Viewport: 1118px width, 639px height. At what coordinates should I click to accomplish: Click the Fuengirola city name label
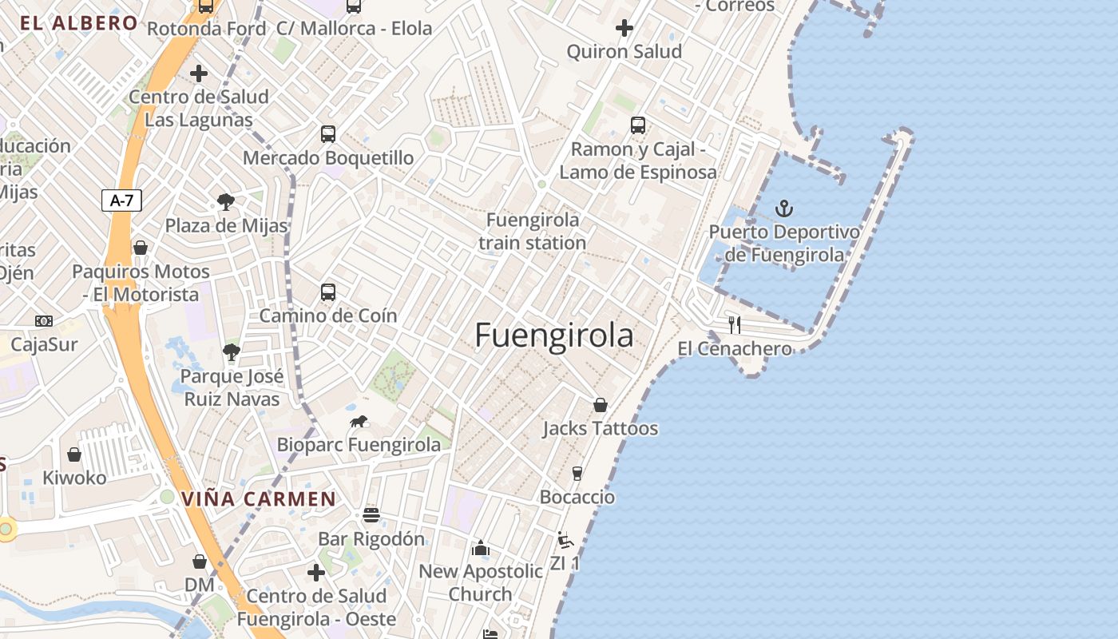(x=554, y=335)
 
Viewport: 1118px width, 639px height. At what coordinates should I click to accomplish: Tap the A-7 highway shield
(x=121, y=200)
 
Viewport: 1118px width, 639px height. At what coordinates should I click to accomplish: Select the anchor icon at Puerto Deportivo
(x=784, y=209)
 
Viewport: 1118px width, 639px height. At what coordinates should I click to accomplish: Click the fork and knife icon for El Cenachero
(x=735, y=325)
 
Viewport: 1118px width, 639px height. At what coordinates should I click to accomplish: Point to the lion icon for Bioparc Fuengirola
(x=359, y=421)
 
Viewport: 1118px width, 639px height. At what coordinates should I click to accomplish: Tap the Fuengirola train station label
(x=533, y=231)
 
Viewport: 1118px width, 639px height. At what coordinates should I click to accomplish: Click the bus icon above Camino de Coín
(x=328, y=292)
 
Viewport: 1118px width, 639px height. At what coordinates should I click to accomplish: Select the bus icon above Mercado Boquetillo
(x=328, y=134)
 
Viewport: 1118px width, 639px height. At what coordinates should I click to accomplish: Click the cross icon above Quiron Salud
(x=624, y=29)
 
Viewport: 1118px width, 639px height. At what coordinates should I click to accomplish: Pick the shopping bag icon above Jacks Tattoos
(x=601, y=405)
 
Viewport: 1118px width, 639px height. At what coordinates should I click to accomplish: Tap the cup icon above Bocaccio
(x=577, y=474)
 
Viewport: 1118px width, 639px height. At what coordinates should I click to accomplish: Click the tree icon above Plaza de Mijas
(x=226, y=202)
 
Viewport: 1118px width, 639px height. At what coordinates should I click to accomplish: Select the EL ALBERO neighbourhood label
(x=79, y=23)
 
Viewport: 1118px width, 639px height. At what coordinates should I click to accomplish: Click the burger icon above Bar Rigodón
(x=371, y=515)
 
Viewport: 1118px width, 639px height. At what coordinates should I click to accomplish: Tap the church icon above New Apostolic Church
(x=481, y=548)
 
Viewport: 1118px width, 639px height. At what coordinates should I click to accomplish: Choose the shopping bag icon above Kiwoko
(x=74, y=454)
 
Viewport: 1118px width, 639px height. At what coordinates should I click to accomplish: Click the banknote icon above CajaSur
(x=44, y=321)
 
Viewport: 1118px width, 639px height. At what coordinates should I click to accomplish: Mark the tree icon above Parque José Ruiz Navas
(x=232, y=352)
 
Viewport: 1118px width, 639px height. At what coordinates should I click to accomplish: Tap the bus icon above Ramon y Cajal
(x=638, y=125)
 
